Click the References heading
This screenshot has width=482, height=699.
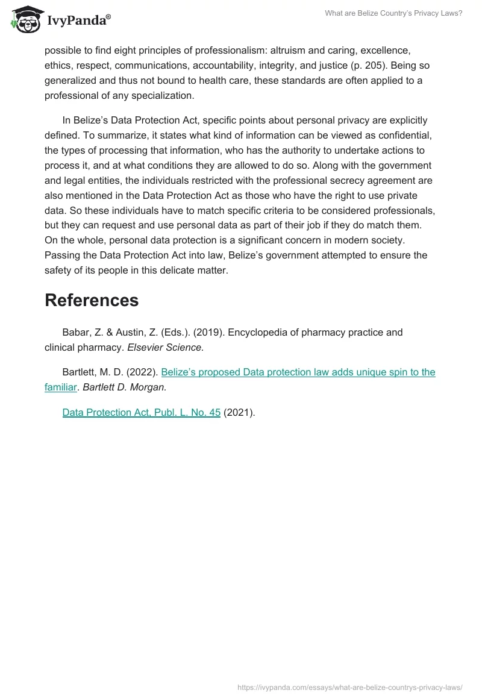[92, 300]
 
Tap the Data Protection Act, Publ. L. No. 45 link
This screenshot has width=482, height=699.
[142, 413]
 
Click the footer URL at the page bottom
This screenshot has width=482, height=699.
[349, 687]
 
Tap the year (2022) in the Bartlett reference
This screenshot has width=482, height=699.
[142, 372]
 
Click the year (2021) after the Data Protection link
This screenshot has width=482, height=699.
[239, 413]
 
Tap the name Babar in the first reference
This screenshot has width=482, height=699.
[76, 332]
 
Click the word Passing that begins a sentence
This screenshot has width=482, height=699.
[63, 255]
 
